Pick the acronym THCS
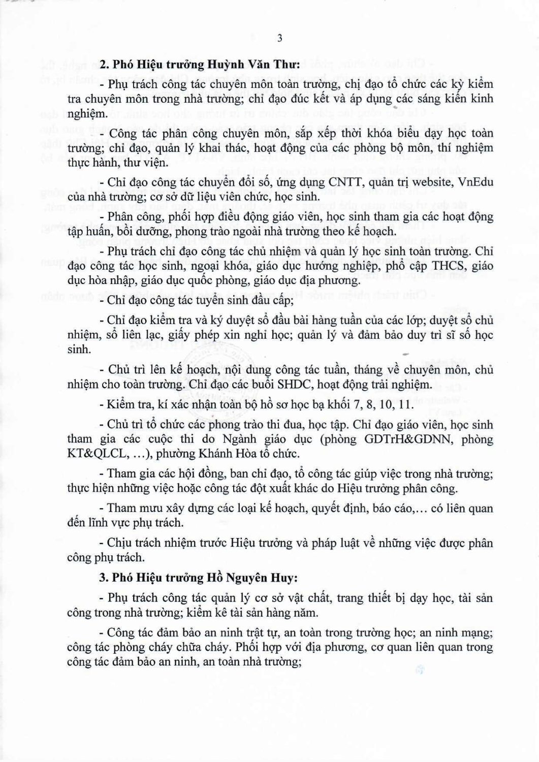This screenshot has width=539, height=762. (x=443, y=265)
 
